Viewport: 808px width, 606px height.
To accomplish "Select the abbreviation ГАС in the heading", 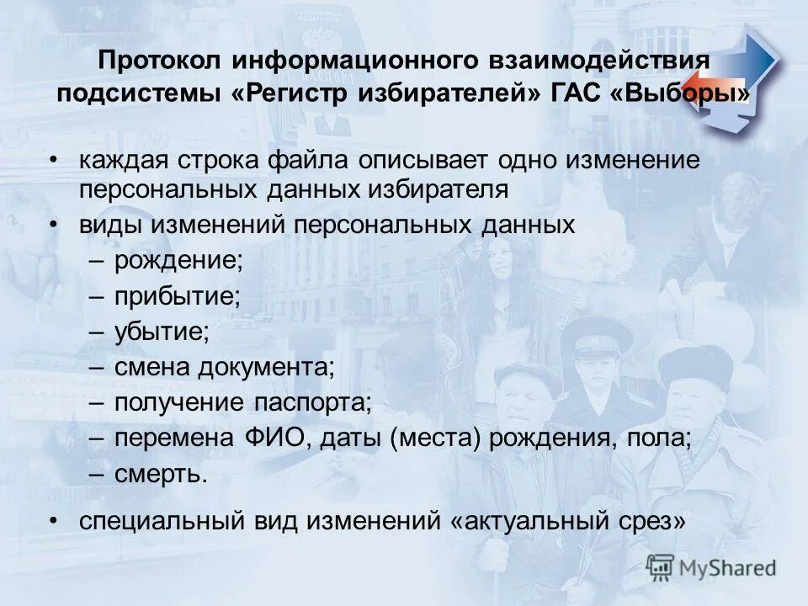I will tap(575, 92).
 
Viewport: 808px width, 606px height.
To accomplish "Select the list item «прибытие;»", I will tap(178, 295).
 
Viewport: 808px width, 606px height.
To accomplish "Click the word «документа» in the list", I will tap(266, 367).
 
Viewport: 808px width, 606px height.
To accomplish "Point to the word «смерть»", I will tap(157, 474).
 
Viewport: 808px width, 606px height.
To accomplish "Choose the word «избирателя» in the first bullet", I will tap(437, 189).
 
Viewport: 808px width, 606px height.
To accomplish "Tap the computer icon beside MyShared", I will tap(661, 567).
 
